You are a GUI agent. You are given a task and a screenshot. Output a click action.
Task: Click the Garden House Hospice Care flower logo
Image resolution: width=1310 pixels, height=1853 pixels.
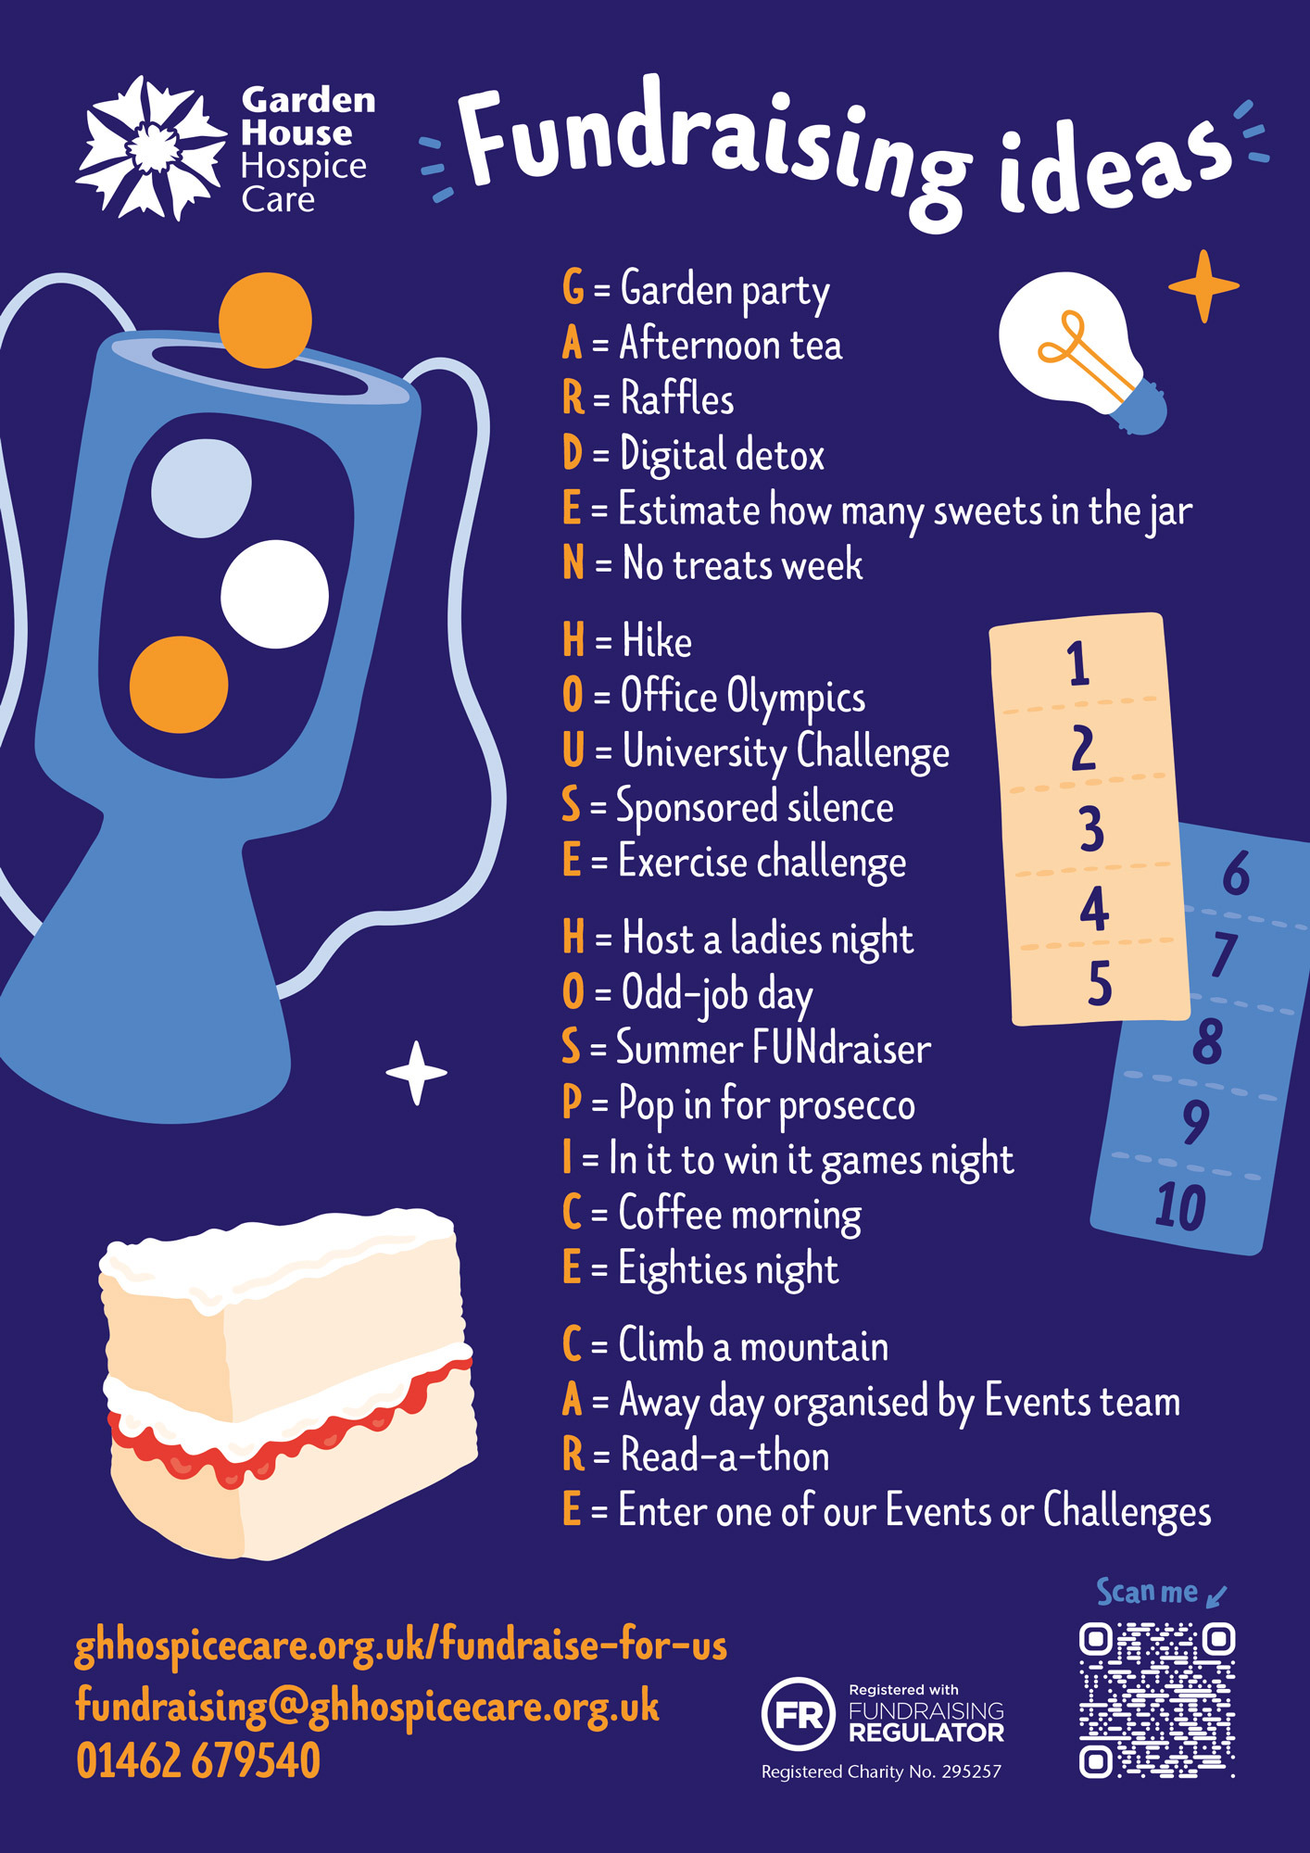[x=151, y=148]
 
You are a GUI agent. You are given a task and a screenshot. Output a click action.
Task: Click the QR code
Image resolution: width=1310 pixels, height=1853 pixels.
[x=1156, y=1700]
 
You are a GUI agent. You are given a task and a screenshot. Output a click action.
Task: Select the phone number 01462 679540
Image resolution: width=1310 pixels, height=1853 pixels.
[x=198, y=1760]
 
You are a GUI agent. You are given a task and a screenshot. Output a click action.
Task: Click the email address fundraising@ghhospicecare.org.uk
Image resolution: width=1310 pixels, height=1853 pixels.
[x=367, y=1706]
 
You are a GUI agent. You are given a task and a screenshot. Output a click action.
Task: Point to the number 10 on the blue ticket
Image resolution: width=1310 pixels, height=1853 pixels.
[x=1180, y=1206]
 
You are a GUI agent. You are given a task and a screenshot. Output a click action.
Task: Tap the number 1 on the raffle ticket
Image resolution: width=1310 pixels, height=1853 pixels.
[x=1077, y=664]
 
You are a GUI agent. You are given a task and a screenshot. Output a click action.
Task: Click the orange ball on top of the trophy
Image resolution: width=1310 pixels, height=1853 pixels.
[x=266, y=320]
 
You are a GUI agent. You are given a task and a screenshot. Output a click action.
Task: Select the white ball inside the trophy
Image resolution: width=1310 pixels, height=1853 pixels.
[x=274, y=594]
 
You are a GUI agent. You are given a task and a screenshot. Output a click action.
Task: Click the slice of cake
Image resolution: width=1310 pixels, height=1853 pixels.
[x=287, y=1380]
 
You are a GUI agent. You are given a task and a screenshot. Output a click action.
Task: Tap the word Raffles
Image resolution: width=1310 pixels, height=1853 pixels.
[x=677, y=399]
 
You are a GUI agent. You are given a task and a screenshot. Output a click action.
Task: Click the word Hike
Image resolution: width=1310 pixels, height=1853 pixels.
[x=657, y=641]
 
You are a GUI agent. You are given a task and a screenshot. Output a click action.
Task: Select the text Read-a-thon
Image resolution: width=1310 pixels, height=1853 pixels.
[x=724, y=1456]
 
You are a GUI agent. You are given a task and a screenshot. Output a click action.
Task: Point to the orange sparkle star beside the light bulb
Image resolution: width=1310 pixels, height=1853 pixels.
[x=1203, y=285]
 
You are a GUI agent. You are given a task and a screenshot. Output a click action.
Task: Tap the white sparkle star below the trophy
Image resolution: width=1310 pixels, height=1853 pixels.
[x=417, y=1073]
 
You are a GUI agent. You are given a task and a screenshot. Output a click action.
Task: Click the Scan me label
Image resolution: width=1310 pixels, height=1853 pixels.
[x=1147, y=1592]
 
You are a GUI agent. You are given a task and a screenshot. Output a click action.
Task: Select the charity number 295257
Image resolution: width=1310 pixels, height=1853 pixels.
[x=972, y=1771]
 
